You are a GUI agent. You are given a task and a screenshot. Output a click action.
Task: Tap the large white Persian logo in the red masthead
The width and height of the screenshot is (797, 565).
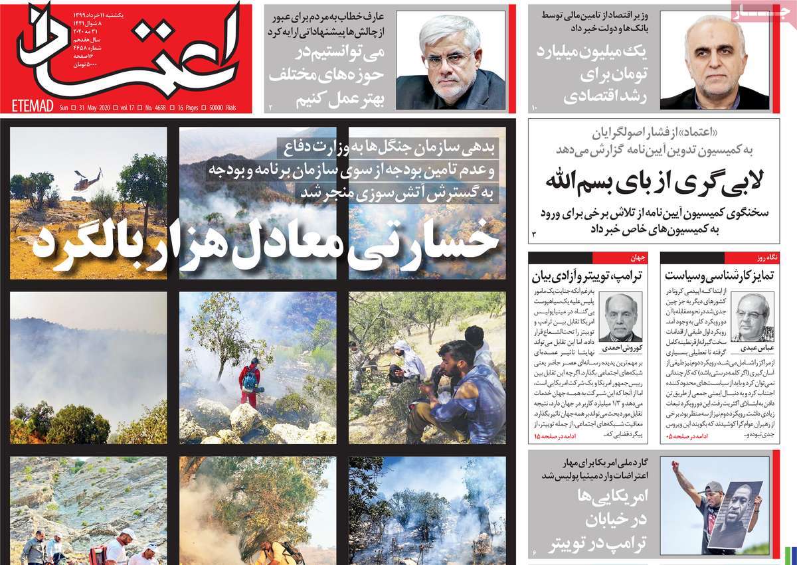coord(126,53)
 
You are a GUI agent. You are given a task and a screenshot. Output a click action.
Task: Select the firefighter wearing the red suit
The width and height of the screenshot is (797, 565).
coord(249,382)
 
